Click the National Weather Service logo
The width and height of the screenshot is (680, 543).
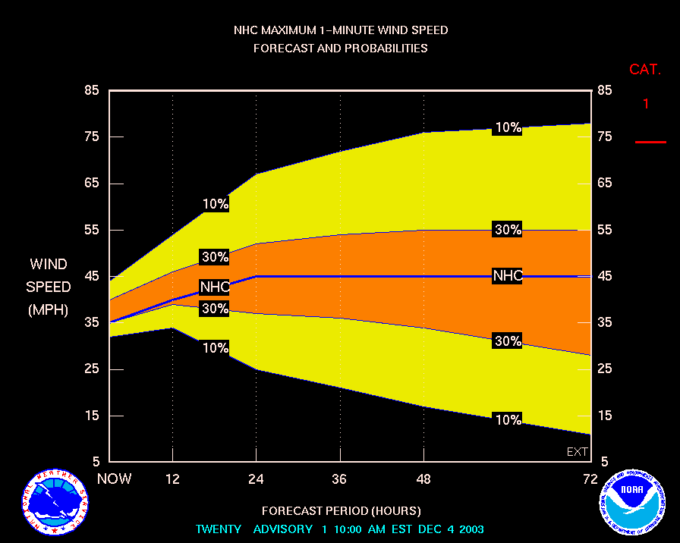[51, 501]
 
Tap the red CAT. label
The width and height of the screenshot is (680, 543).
[645, 70]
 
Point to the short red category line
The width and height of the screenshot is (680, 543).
[650, 142]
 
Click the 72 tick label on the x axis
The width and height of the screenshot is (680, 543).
[590, 479]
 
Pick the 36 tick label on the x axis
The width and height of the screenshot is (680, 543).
[339, 479]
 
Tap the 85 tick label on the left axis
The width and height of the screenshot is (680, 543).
[92, 90]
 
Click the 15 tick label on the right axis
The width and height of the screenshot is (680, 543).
[605, 416]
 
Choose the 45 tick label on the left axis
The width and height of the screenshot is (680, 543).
[92, 276]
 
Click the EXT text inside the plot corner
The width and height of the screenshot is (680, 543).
[578, 452]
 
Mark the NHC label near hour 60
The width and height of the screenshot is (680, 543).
[507, 276]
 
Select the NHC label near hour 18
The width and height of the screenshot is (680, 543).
[215, 287]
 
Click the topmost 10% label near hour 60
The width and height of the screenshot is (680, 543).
[507, 128]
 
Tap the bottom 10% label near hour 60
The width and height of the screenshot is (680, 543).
[507, 419]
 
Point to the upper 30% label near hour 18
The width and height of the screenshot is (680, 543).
[215, 257]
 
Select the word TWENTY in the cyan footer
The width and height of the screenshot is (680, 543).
[219, 529]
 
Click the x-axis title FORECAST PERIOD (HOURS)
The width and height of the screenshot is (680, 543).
[341, 510]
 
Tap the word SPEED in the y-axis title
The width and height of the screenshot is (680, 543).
[49, 287]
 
